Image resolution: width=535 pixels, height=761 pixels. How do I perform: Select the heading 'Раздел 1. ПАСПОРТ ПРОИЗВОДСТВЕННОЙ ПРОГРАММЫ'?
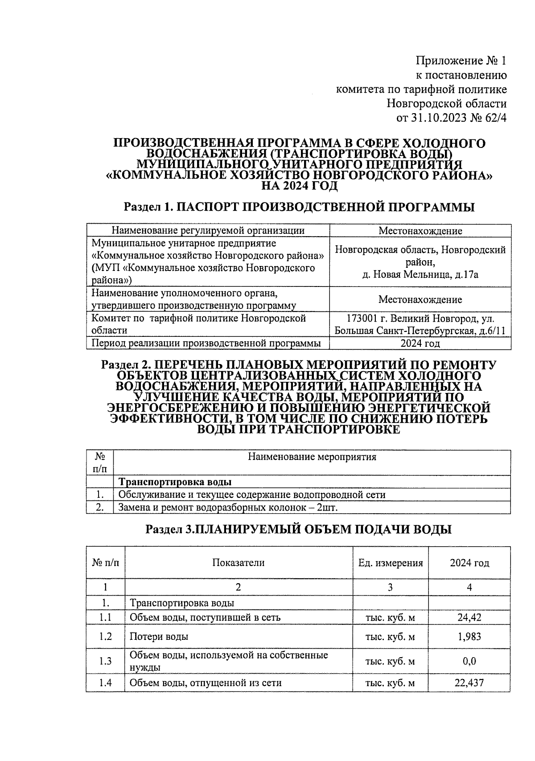(299, 207)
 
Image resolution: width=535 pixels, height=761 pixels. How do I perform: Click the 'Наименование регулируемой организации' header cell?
(208, 230)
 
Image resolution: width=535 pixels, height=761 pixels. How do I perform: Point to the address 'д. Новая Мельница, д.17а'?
(420, 274)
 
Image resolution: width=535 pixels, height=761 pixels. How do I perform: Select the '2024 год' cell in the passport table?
(420, 344)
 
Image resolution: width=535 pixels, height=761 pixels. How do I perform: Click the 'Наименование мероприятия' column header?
(312, 457)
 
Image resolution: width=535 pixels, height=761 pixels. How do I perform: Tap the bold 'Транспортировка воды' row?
(175, 482)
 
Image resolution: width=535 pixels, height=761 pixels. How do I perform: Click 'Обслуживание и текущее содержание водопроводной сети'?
(251, 495)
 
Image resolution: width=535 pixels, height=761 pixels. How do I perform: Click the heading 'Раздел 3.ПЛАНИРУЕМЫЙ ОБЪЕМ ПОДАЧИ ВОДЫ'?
(299, 529)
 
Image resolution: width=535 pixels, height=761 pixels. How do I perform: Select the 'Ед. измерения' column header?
(390, 563)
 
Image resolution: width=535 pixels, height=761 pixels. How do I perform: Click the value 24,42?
(469, 618)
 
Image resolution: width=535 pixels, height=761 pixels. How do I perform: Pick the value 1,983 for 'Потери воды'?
(469, 637)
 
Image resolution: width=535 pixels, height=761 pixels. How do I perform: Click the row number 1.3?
(105, 661)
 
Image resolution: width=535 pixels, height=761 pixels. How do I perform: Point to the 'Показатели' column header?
(238, 563)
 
